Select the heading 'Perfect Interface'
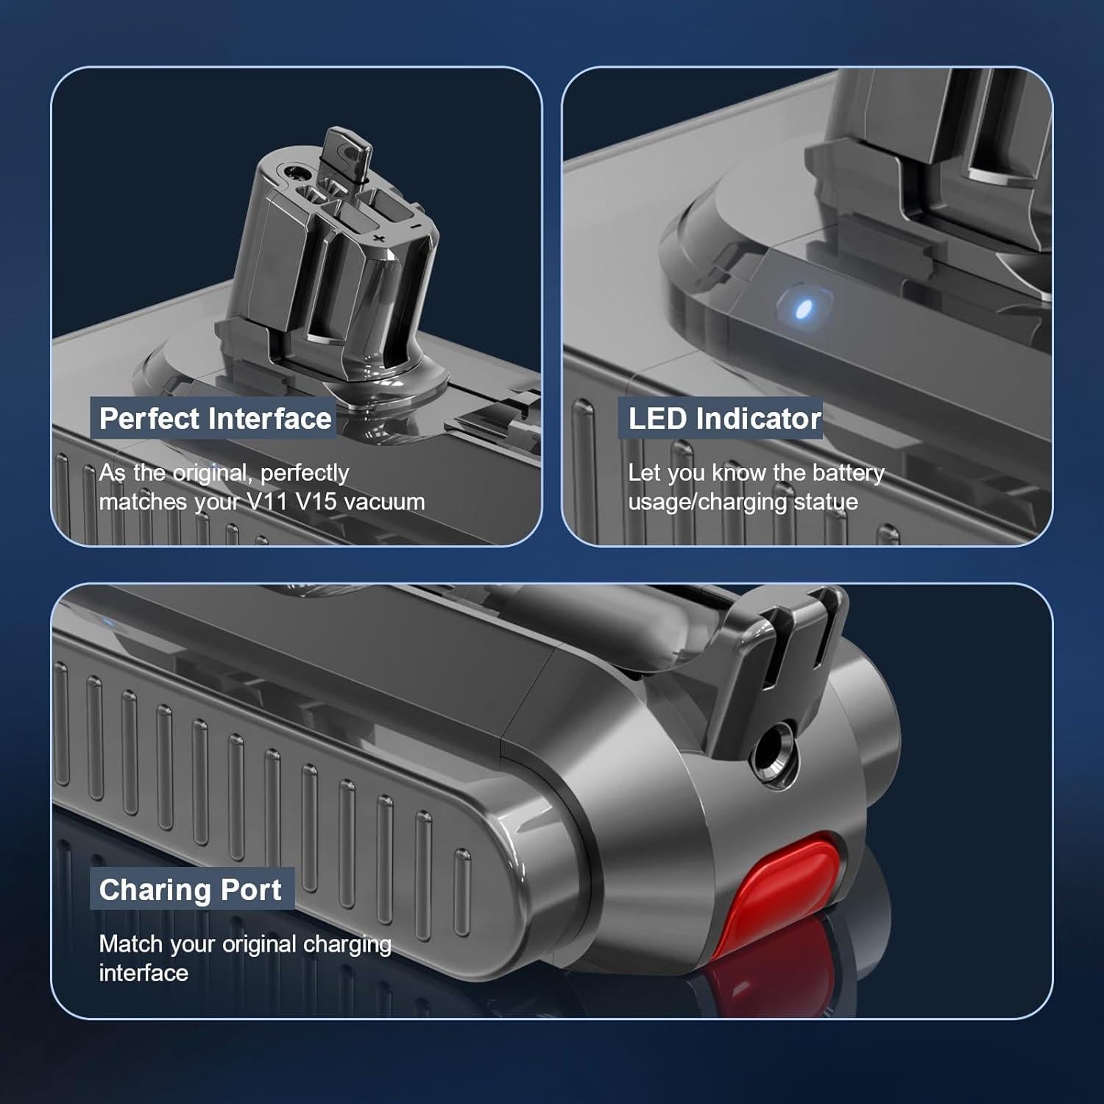(x=215, y=419)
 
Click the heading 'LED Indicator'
(x=724, y=419)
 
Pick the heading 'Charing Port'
(x=190, y=890)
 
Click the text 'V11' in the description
(x=266, y=502)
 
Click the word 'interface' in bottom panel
(x=144, y=973)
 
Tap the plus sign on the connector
(x=380, y=239)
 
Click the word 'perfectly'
(x=305, y=473)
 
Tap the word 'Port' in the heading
(x=251, y=890)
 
